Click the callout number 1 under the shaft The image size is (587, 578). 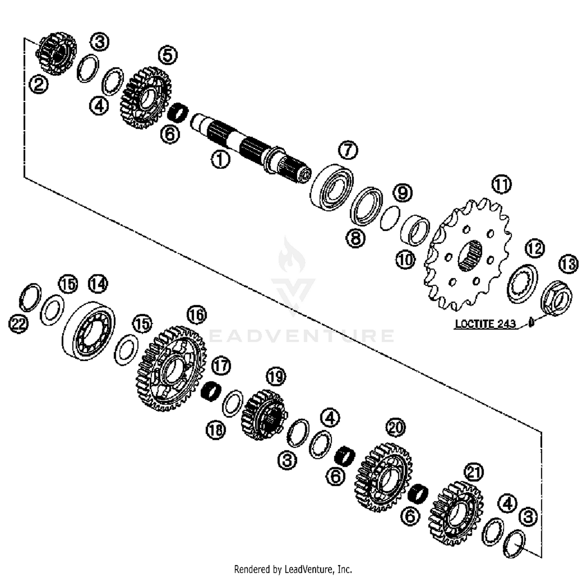click(x=220, y=160)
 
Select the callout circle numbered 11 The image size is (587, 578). click(x=501, y=184)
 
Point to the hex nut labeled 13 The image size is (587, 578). click(x=556, y=298)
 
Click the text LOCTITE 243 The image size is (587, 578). click(x=485, y=324)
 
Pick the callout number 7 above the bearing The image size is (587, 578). click(x=348, y=150)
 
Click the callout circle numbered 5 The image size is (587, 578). click(x=167, y=56)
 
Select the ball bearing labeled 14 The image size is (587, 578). click(x=89, y=330)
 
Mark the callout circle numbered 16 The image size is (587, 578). click(x=196, y=315)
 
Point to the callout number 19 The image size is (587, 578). click(x=276, y=377)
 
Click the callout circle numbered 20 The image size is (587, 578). click(x=395, y=428)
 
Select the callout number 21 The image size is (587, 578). click(x=474, y=472)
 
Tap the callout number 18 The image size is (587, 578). click(x=216, y=430)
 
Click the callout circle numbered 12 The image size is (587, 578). click(x=535, y=249)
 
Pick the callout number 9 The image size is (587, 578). click(x=403, y=193)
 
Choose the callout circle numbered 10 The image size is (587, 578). click(x=405, y=259)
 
